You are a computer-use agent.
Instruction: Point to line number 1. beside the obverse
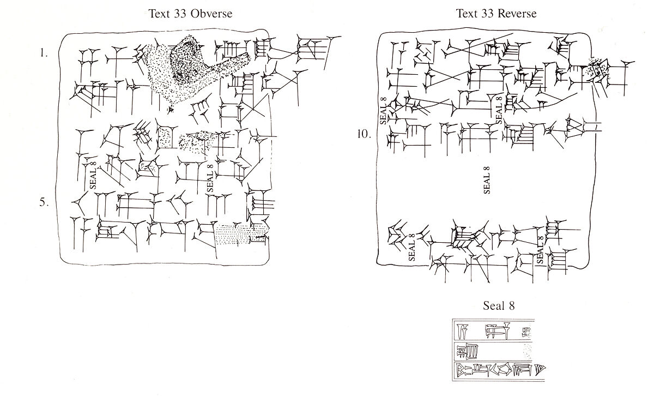(x=44, y=53)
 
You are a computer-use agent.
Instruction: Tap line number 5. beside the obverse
(x=44, y=202)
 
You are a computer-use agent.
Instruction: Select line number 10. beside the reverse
(x=364, y=134)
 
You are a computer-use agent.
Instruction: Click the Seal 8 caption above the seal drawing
(x=498, y=305)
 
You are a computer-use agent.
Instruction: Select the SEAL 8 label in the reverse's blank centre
(x=487, y=180)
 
